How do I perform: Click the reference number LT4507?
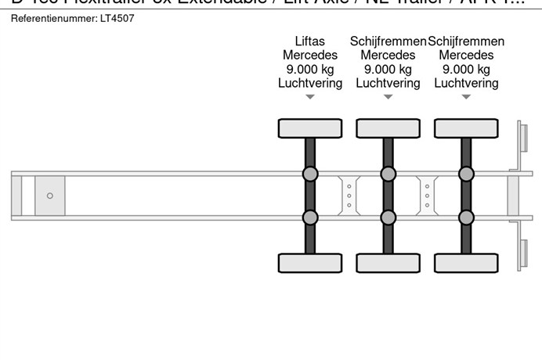point(118,18)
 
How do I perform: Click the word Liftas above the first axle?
point(310,41)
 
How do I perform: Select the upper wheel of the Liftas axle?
point(310,128)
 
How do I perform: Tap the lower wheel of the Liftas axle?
point(310,264)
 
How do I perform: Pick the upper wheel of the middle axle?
point(388,128)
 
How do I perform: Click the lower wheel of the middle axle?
point(388,264)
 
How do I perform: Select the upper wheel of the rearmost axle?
point(466,128)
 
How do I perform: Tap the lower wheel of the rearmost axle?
point(466,264)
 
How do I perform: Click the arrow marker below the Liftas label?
point(310,97)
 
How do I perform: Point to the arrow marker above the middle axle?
point(388,97)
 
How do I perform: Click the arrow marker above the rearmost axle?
point(466,97)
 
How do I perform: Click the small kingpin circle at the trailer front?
point(50,196)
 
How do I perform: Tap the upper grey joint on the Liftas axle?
point(310,174)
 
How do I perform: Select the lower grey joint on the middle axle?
point(388,217)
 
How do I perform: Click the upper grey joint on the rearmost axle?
point(466,174)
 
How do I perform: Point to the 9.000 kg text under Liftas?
point(310,70)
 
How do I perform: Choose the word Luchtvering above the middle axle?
point(388,83)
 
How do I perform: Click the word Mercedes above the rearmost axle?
point(466,56)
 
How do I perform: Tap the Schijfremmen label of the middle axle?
point(388,41)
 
